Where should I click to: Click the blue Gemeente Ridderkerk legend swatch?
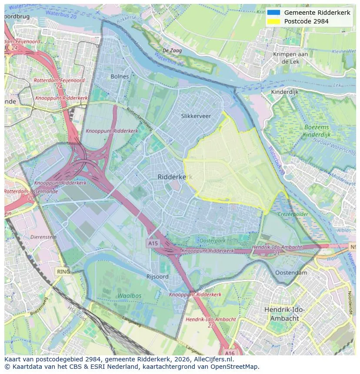tap(273, 13)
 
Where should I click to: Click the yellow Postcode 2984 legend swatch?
tap(273, 21)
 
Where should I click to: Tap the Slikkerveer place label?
tap(196, 116)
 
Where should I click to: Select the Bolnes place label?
tap(120, 76)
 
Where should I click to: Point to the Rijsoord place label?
tap(157, 277)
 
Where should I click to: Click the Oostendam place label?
tap(291, 273)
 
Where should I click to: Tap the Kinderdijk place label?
tap(285, 92)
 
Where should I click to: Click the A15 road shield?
tap(153, 243)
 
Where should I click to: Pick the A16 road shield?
tap(230, 353)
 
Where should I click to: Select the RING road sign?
tap(63, 271)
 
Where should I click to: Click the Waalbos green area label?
tap(129, 296)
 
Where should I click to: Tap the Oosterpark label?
tap(212, 241)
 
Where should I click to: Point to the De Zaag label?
tap(172, 51)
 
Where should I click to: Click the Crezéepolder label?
tap(293, 215)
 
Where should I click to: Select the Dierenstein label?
tap(43, 237)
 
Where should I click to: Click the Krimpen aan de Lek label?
tap(290, 58)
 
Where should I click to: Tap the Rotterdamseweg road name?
tap(139, 119)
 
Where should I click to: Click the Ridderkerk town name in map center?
tap(174, 177)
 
